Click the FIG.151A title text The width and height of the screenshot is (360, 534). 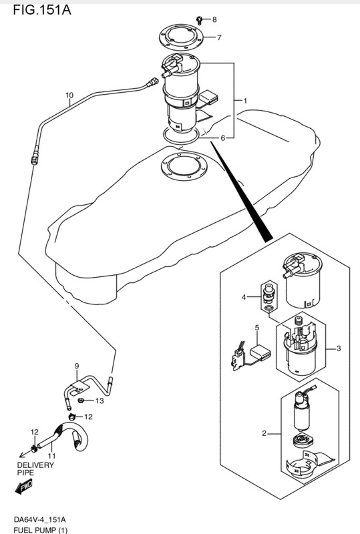(42, 10)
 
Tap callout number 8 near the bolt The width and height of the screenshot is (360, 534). (214, 20)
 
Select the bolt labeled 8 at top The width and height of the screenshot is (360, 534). (200, 20)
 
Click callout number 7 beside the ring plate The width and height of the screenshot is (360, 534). (219, 37)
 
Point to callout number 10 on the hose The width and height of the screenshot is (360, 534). (69, 95)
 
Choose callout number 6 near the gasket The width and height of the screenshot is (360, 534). (222, 138)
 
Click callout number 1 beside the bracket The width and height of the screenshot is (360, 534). (244, 101)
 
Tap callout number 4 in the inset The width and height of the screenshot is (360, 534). (243, 297)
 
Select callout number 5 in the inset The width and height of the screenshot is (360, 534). (256, 328)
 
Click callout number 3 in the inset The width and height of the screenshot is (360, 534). (339, 348)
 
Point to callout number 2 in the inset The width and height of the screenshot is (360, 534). (264, 433)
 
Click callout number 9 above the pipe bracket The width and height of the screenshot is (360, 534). (77, 366)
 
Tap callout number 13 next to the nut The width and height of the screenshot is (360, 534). (100, 401)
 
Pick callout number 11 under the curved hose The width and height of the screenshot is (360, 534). (51, 456)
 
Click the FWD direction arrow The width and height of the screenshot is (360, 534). (24, 487)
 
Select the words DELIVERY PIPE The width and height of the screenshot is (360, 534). (35, 469)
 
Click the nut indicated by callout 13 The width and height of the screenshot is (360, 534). (81, 400)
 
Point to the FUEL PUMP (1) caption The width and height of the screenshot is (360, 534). (41, 530)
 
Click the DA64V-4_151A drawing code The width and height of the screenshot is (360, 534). (39, 520)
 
